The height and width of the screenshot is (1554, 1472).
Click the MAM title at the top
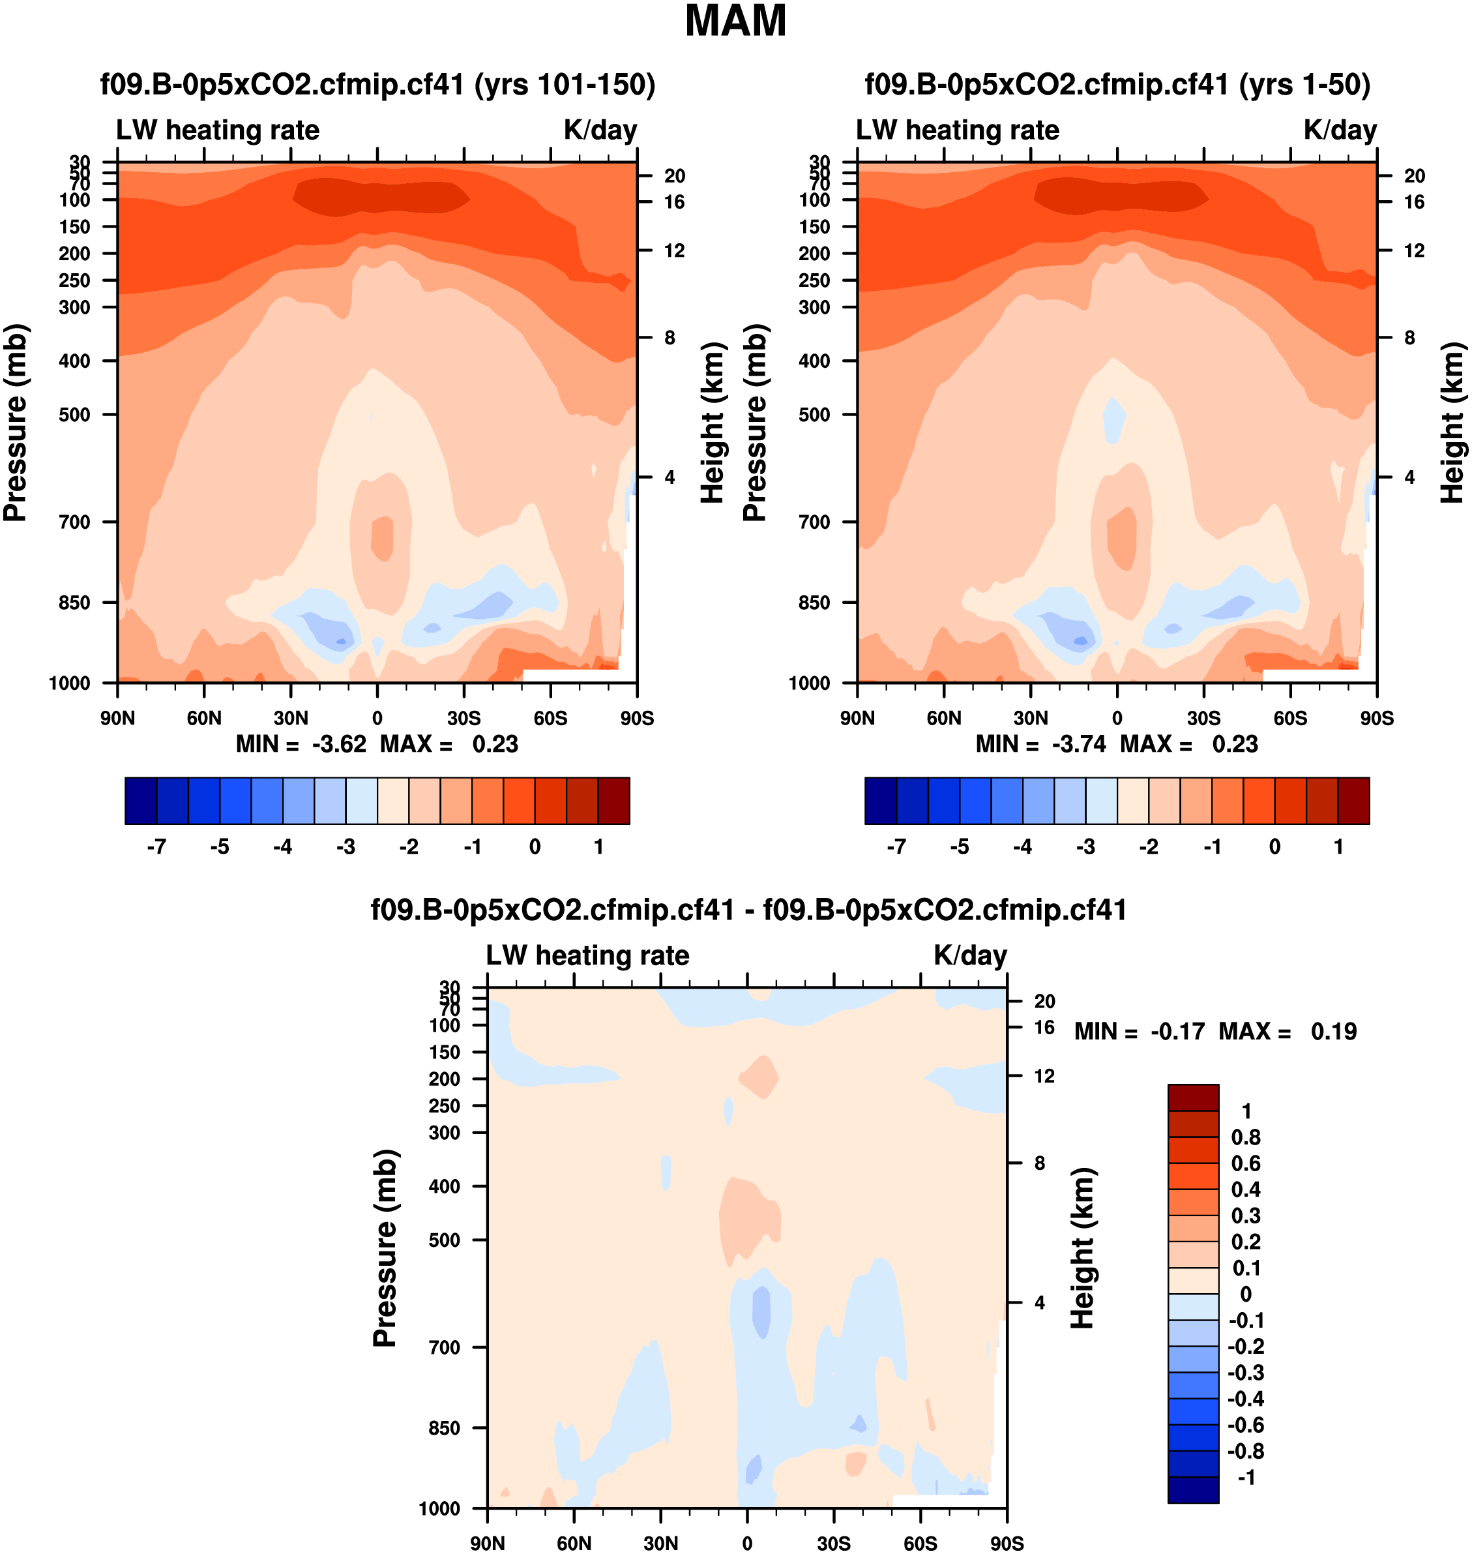point(735,21)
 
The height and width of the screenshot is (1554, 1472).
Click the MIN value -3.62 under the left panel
point(339,744)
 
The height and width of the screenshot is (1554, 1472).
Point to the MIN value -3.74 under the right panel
point(1079,744)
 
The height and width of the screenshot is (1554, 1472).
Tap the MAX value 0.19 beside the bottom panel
point(1333,1031)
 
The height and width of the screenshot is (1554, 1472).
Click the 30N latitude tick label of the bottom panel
point(660,1543)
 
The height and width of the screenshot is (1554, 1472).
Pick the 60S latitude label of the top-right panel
point(1290,718)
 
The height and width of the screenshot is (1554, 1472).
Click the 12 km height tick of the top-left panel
point(674,250)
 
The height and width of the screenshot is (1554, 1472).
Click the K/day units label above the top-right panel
point(1340,130)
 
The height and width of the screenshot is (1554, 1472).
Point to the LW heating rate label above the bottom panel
point(588,955)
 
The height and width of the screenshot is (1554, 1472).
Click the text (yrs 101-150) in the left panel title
point(565,84)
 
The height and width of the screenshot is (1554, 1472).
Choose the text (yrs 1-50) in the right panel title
point(1304,84)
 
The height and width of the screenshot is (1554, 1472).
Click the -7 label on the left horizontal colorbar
point(156,847)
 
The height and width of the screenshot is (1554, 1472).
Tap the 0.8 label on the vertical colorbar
point(1245,1137)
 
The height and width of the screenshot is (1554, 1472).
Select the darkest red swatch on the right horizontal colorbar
point(1353,801)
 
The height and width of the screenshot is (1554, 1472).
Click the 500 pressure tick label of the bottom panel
point(444,1240)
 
